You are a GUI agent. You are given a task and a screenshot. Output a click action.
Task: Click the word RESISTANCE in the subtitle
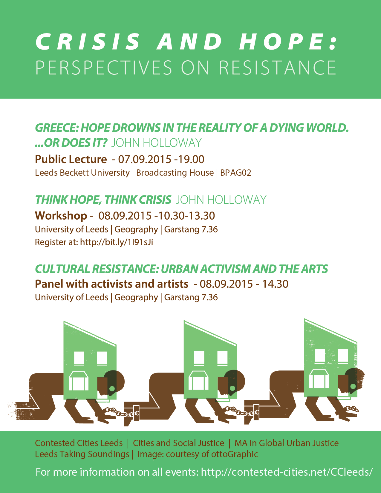(278, 68)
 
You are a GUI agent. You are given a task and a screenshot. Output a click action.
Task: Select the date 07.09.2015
(145, 159)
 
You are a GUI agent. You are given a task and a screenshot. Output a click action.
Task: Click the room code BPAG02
(235, 173)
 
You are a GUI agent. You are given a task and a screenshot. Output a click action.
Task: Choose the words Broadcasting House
(175, 173)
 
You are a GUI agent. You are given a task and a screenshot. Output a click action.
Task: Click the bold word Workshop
(61, 216)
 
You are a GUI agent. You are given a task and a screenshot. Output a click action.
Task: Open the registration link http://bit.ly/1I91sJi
(117, 242)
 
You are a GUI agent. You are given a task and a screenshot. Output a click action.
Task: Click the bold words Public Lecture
(71, 159)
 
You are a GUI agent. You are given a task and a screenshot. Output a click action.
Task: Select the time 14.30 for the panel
(275, 284)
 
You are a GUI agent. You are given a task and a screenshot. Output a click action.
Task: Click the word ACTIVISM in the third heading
(225, 269)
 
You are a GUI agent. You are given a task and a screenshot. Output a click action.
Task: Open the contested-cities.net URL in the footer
(287, 472)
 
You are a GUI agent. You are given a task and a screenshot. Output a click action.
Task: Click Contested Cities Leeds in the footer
(79, 443)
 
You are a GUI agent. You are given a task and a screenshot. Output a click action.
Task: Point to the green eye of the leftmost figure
(112, 389)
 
